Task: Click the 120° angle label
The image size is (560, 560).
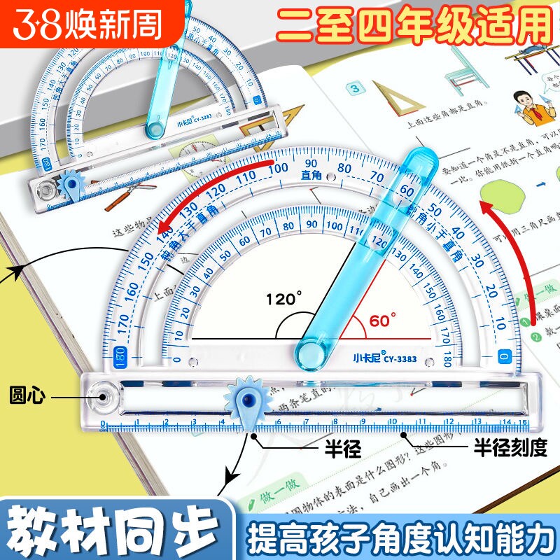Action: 286,299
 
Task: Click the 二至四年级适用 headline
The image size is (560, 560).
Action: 414,26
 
